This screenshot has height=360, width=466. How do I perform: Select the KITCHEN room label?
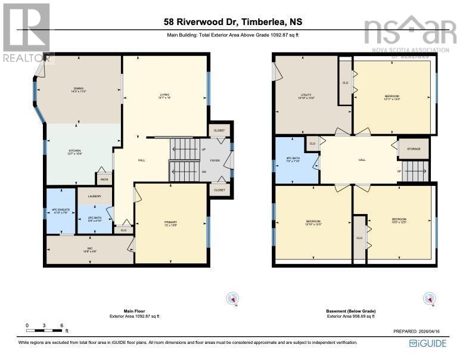(x=74, y=152)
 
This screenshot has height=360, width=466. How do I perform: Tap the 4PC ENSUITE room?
(x=61, y=212)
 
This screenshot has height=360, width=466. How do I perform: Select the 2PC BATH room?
(x=95, y=219)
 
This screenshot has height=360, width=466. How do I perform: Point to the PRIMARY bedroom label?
(x=171, y=224)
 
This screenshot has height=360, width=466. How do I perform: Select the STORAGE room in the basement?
(x=414, y=149)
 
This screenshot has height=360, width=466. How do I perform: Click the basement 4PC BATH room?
(x=297, y=161)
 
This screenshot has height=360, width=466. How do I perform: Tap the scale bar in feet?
(x=45, y=327)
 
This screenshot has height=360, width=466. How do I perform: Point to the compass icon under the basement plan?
(x=428, y=298)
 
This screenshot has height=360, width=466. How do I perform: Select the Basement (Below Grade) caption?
(x=351, y=311)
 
